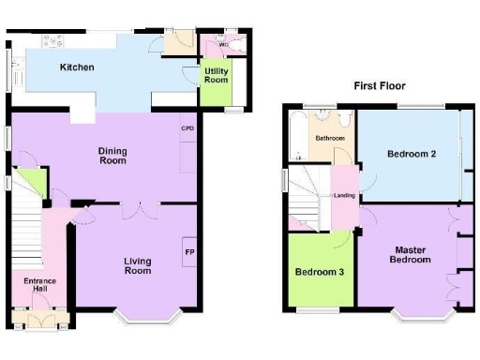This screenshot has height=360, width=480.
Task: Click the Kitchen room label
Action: (x=77, y=67)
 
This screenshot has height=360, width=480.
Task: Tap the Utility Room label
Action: (x=217, y=76)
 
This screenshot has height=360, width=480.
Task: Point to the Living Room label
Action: (x=137, y=265)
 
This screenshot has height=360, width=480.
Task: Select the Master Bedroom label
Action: (x=412, y=254)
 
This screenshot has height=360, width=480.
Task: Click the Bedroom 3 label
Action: (x=321, y=273)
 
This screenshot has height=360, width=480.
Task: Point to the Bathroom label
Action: (x=329, y=139)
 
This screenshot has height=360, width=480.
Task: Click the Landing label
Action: (x=344, y=195)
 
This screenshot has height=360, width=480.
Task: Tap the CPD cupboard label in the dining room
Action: (x=187, y=127)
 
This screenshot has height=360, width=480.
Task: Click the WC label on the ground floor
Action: (x=223, y=44)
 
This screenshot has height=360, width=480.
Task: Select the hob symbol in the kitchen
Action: (x=52, y=41)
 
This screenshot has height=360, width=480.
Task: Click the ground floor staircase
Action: (x=28, y=239)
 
